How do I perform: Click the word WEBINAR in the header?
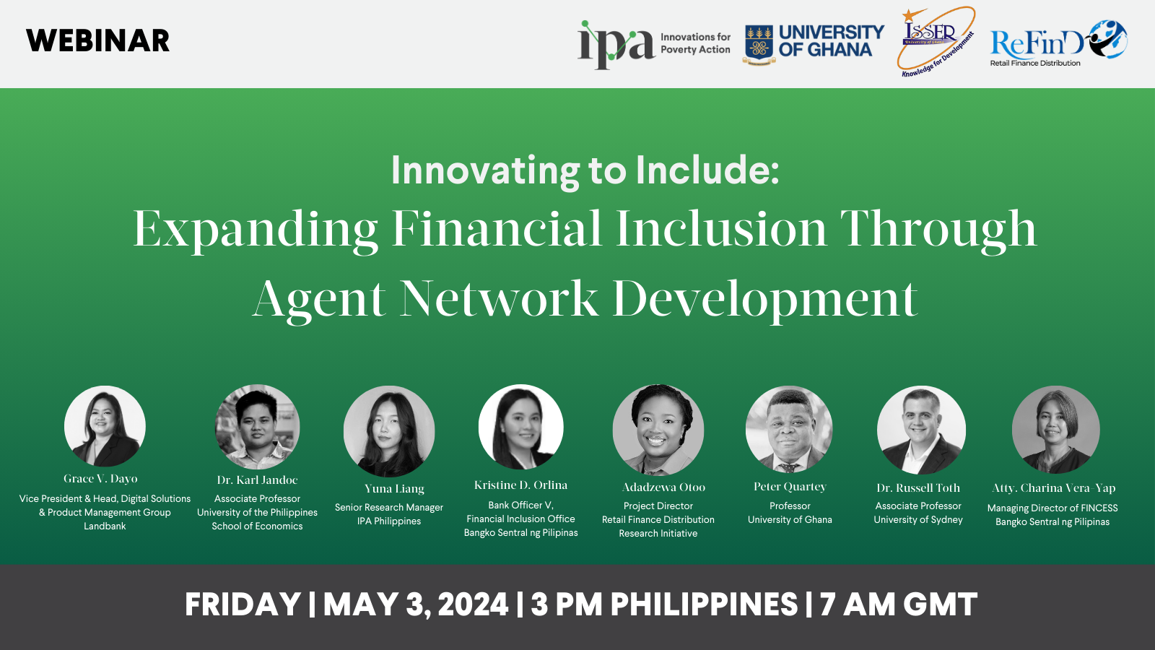click(97, 41)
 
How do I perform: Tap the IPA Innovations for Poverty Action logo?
click(653, 43)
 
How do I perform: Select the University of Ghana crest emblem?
click(759, 45)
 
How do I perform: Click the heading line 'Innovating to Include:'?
click(585, 170)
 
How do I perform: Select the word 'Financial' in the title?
click(497, 229)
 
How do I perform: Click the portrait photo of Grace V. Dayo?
click(105, 426)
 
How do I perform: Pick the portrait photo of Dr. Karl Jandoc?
click(257, 427)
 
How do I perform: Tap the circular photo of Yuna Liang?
click(389, 430)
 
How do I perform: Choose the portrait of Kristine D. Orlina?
click(520, 427)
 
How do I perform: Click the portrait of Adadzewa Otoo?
click(658, 430)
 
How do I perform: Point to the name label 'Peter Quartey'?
click(790, 487)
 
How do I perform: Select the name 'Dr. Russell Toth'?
click(918, 488)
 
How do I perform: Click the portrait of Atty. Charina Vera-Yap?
click(1055, 429)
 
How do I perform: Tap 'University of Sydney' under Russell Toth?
click(918, 520)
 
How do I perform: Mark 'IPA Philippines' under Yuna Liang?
click(389, 521)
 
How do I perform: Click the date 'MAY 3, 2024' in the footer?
click(416, 604)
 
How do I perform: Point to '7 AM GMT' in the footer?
click(899, 604)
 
